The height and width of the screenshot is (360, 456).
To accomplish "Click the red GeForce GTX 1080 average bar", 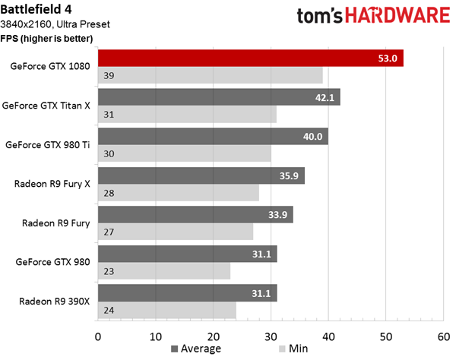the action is (x=251, y=58).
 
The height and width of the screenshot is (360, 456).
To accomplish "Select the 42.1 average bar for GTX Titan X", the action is (x=219, y=97).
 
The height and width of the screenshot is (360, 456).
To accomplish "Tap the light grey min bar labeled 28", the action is (x=179, y=193).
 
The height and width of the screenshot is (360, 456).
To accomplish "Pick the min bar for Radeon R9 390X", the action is (x=167, y=310).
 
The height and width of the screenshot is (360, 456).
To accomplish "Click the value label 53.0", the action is (x=388, y=58).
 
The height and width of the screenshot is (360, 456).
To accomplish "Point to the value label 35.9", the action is (x=289, y=175).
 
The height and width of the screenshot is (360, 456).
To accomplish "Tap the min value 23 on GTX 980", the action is (x=109, y=271).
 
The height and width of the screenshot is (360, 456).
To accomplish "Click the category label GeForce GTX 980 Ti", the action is (x=47, y=145).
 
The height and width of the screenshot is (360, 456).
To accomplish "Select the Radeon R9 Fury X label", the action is (x=52, y=184).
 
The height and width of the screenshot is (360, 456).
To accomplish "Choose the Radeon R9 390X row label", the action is (x=55, y=302).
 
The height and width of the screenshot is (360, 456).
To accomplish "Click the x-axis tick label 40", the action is (x=328, y=336).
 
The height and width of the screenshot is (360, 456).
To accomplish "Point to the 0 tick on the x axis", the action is (x=98, y=336).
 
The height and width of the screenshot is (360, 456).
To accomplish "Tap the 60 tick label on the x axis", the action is (x=444, y=336).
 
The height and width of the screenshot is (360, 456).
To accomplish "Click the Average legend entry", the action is (x=196, y=349).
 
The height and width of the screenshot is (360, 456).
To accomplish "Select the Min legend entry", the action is (x=293, y=349).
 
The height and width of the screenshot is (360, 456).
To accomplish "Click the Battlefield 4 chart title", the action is (x=36, y=9).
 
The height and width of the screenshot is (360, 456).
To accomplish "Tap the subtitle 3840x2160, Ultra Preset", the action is (x=55, y=24).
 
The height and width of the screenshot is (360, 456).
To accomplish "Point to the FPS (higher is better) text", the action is (x=46, y=38).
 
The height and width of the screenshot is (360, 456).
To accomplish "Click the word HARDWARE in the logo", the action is (x=397, y=15).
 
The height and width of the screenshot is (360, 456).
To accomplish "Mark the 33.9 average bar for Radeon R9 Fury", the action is (x=195, y=214).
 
